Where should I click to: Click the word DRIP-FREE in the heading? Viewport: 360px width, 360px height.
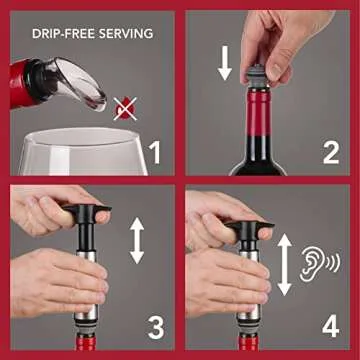click(59, 34)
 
